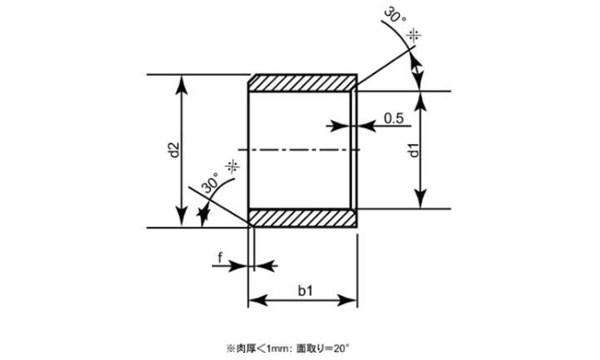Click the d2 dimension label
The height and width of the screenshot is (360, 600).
point(174,150)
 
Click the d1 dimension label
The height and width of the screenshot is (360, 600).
point(414,150)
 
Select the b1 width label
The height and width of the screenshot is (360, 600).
point(306,290)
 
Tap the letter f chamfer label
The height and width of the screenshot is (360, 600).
point(220,258)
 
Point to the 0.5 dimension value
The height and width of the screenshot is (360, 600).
point(394,118)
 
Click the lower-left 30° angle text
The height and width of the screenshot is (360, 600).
point(210,183)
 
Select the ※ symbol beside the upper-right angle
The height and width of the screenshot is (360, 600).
point(414,35)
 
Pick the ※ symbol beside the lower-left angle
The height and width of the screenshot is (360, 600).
point(233,167)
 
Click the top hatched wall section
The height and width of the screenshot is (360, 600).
point(303,83)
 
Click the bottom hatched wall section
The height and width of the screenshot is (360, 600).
point(303,218)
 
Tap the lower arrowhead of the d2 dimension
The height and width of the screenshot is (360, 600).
point(182,217)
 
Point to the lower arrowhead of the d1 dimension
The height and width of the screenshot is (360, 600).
point(421,198)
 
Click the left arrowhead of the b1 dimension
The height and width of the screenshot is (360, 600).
point(258,300)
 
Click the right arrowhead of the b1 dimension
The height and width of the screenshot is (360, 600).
point(347,300)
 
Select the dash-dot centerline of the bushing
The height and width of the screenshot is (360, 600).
point(299,150)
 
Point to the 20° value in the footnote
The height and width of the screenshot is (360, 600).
point(341,348)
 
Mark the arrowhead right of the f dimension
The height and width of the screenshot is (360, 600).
point(266,265)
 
